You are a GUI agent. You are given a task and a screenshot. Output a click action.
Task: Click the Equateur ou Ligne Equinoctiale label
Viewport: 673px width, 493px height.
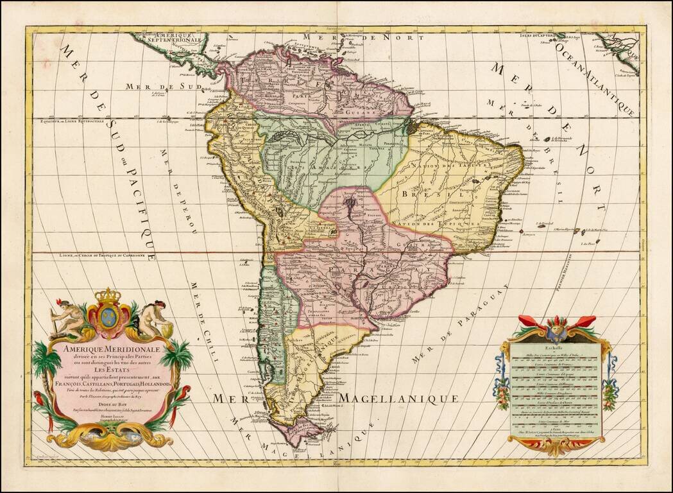coord(78,121)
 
